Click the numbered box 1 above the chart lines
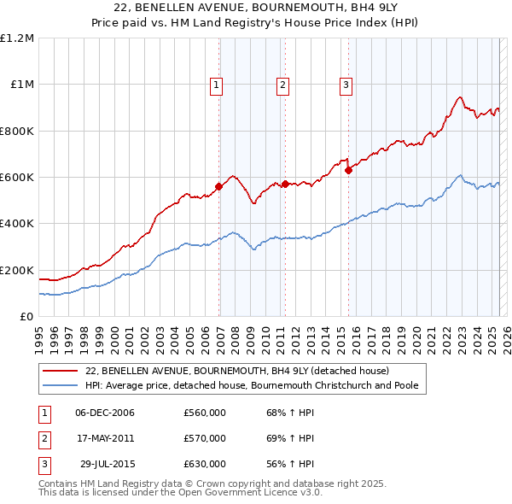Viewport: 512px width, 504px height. point(217,85)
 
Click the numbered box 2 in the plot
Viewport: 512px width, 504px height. point(282,85)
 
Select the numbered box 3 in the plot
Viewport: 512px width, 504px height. point(346,85)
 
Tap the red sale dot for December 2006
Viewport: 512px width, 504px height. point(219,186)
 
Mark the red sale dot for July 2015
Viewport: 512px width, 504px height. point(348,170)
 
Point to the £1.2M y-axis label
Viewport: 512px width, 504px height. point(17,38)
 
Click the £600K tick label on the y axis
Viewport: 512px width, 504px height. point(17,178)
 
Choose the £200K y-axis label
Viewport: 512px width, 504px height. point(17,270)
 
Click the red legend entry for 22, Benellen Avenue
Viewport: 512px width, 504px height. point(237,371)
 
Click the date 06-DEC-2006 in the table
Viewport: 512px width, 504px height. point(105,413)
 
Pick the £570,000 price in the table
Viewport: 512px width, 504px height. point(205,438)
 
